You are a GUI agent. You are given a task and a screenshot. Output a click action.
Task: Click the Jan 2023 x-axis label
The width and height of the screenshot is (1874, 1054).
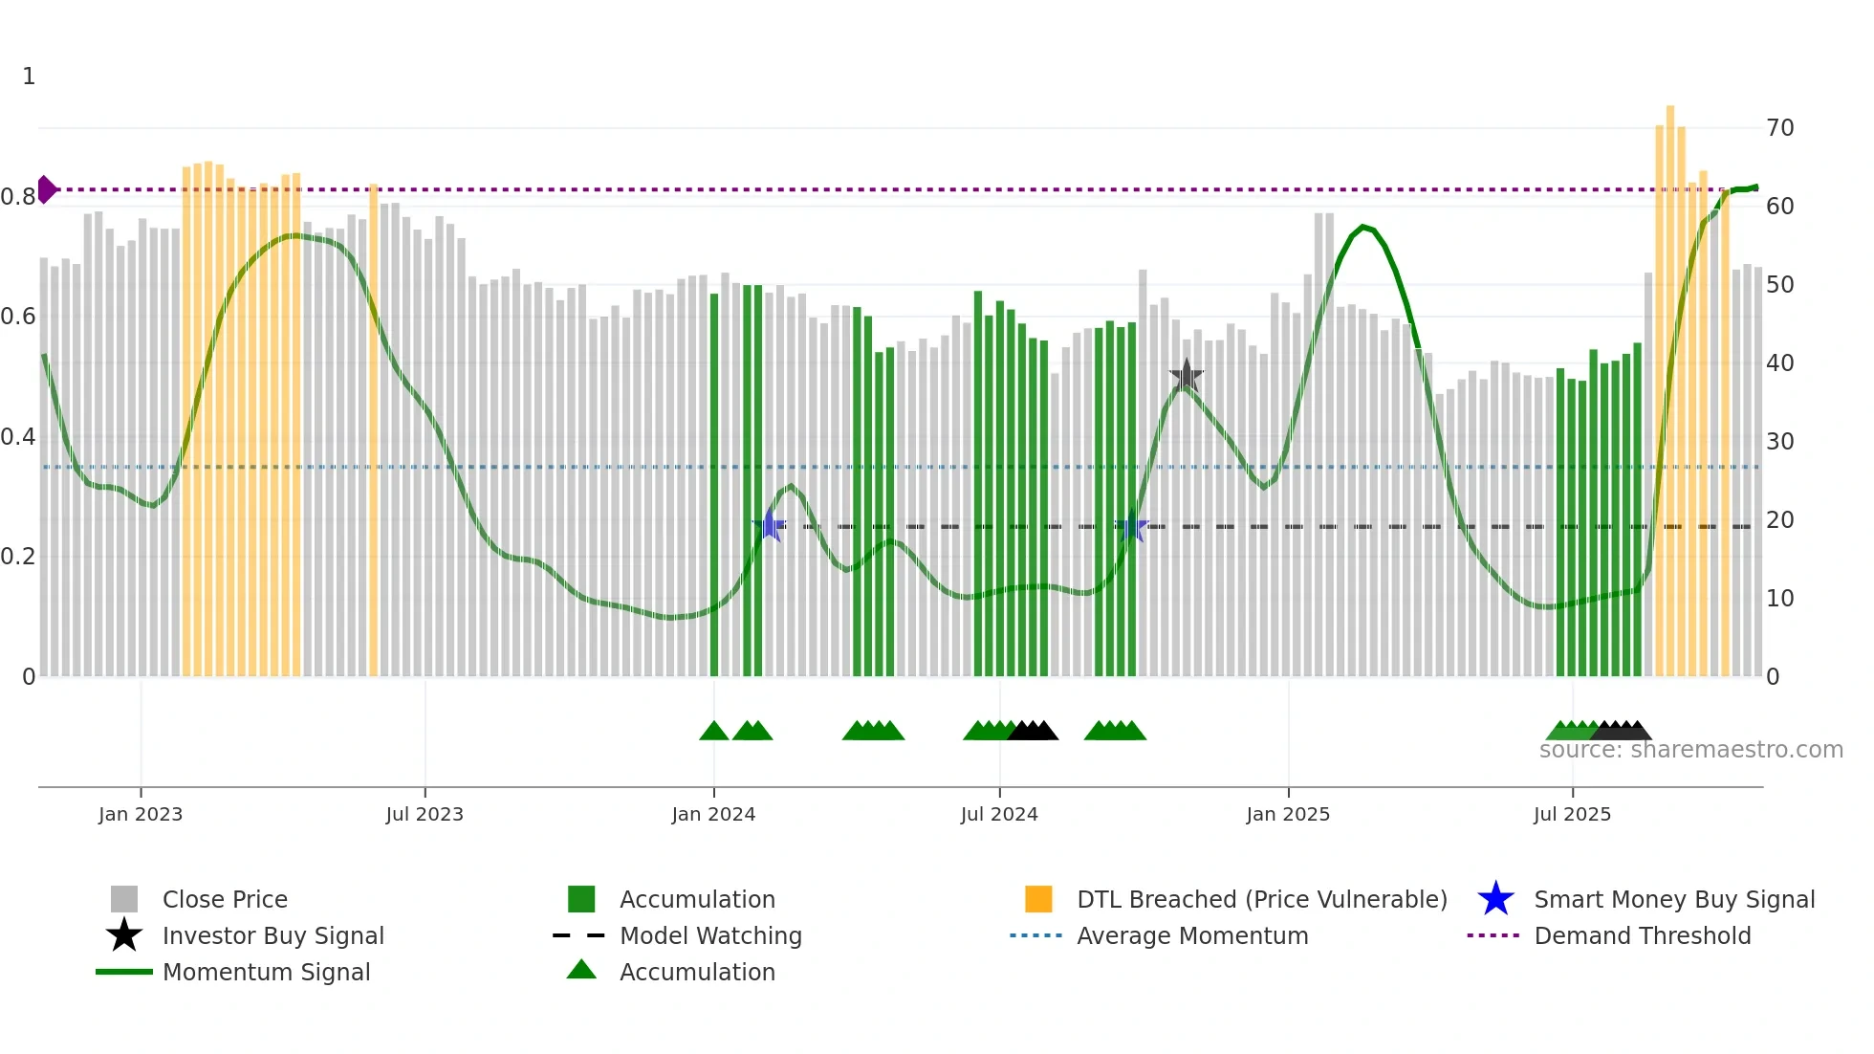pos(141,814)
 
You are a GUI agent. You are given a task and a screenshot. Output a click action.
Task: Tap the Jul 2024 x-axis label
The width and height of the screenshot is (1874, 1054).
pos(999,814)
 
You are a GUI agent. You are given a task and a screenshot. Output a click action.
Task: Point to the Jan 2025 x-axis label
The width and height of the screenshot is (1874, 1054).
pos(1288,814)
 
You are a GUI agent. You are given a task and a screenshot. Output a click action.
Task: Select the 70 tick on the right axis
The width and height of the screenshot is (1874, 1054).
pos(1779,128)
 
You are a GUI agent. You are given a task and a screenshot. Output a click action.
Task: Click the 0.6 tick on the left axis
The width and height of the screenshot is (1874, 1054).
pos(18,317)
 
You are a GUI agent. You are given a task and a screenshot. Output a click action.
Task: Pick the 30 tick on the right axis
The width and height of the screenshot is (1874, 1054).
pos(1779,442)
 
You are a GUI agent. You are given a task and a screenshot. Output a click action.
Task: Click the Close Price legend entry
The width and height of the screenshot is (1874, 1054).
pos(225,899)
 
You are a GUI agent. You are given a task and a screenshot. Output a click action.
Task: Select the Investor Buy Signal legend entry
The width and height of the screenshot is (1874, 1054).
pos(272,935)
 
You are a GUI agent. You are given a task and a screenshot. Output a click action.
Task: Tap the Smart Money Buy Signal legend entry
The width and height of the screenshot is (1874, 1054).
pos(1674,899)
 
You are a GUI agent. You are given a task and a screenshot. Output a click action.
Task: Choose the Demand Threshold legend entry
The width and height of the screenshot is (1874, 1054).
pos(1642,935)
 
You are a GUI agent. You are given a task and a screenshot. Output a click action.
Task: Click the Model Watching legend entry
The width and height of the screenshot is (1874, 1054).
pos(710,935)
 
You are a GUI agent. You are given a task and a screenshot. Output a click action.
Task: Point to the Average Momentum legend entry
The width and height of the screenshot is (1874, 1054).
pos(1192,935)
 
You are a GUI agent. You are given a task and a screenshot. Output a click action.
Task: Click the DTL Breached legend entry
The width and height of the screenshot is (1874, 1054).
pos(1261,899)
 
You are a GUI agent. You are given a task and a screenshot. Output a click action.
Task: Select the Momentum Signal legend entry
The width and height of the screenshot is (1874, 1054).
pos(266,972)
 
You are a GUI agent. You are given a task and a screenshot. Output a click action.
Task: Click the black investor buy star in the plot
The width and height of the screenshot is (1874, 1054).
pos(1186,376)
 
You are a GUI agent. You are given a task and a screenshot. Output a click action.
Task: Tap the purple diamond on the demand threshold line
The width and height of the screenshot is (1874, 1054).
pos(46,189)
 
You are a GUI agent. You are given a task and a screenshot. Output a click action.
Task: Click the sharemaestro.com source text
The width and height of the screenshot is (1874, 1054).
pos(1690,750)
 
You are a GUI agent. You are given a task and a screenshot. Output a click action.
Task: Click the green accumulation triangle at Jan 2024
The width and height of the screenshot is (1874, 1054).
pos(713,732)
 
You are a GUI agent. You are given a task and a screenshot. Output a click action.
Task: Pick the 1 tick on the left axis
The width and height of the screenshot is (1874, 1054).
pos(29,77)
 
